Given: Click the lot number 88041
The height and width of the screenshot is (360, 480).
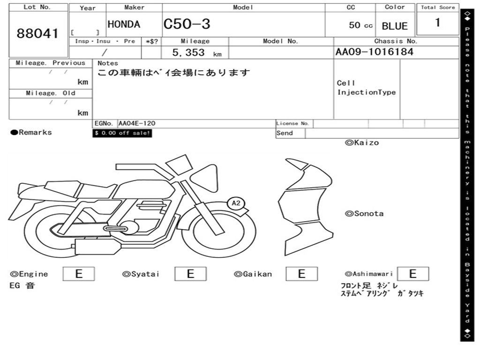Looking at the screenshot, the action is tap(37, 33).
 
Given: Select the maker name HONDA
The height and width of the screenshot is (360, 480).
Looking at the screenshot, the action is tap(124, 24).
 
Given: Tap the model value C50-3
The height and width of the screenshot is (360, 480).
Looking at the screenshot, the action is tap(187, 24).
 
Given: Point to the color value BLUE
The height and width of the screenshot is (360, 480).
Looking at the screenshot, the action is tap(395, 26).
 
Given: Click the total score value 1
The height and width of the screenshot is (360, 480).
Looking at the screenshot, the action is tap(438, 22).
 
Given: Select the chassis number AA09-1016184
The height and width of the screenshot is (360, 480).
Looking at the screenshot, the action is tap(375, 52).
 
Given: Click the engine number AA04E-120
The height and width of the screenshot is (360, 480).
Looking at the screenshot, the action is tap(137, 123).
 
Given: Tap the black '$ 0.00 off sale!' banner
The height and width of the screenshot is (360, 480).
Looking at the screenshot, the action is tap(122, 133).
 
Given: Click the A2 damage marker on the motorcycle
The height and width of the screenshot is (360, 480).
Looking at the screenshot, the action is tap(236, 203).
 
